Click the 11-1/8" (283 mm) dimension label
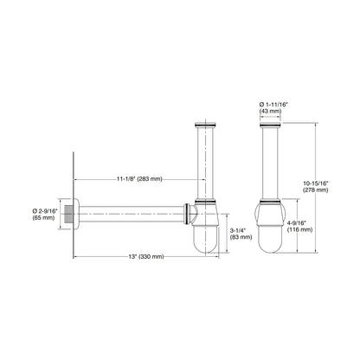point(139,179)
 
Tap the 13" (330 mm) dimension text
point(146,256)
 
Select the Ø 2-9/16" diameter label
point(45,211)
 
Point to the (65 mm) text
point(43,218)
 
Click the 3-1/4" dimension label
point(238,230)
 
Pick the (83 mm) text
point(241,237)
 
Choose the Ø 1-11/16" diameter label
point(273,104)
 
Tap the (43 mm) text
point(270,111)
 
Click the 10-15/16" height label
point(316,183)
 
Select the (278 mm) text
point(316,190)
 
